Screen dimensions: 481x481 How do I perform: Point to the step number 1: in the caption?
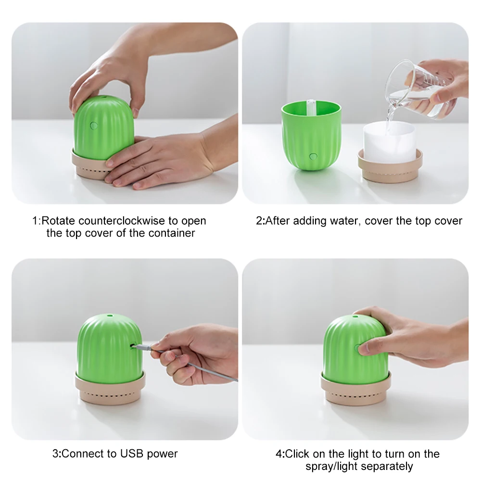37,221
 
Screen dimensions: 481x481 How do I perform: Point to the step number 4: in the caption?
280,454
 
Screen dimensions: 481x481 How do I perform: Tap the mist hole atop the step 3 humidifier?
110,316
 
